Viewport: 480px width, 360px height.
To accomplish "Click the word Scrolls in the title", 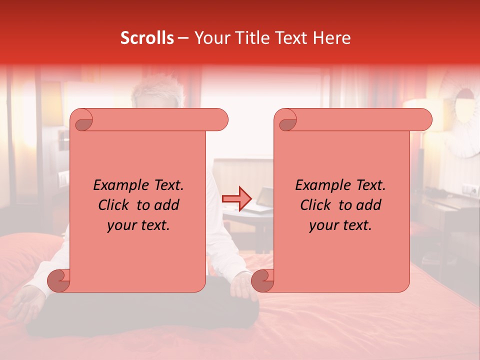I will pos(147,38).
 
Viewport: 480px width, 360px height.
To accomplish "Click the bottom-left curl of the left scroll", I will pos(58,280).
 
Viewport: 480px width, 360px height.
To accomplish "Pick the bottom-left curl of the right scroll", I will pos(262,280).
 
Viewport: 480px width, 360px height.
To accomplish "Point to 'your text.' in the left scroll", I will pos(138,225).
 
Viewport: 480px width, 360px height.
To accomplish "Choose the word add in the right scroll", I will pos(368,205).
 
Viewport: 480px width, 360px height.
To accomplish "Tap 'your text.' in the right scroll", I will pos(340,225).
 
